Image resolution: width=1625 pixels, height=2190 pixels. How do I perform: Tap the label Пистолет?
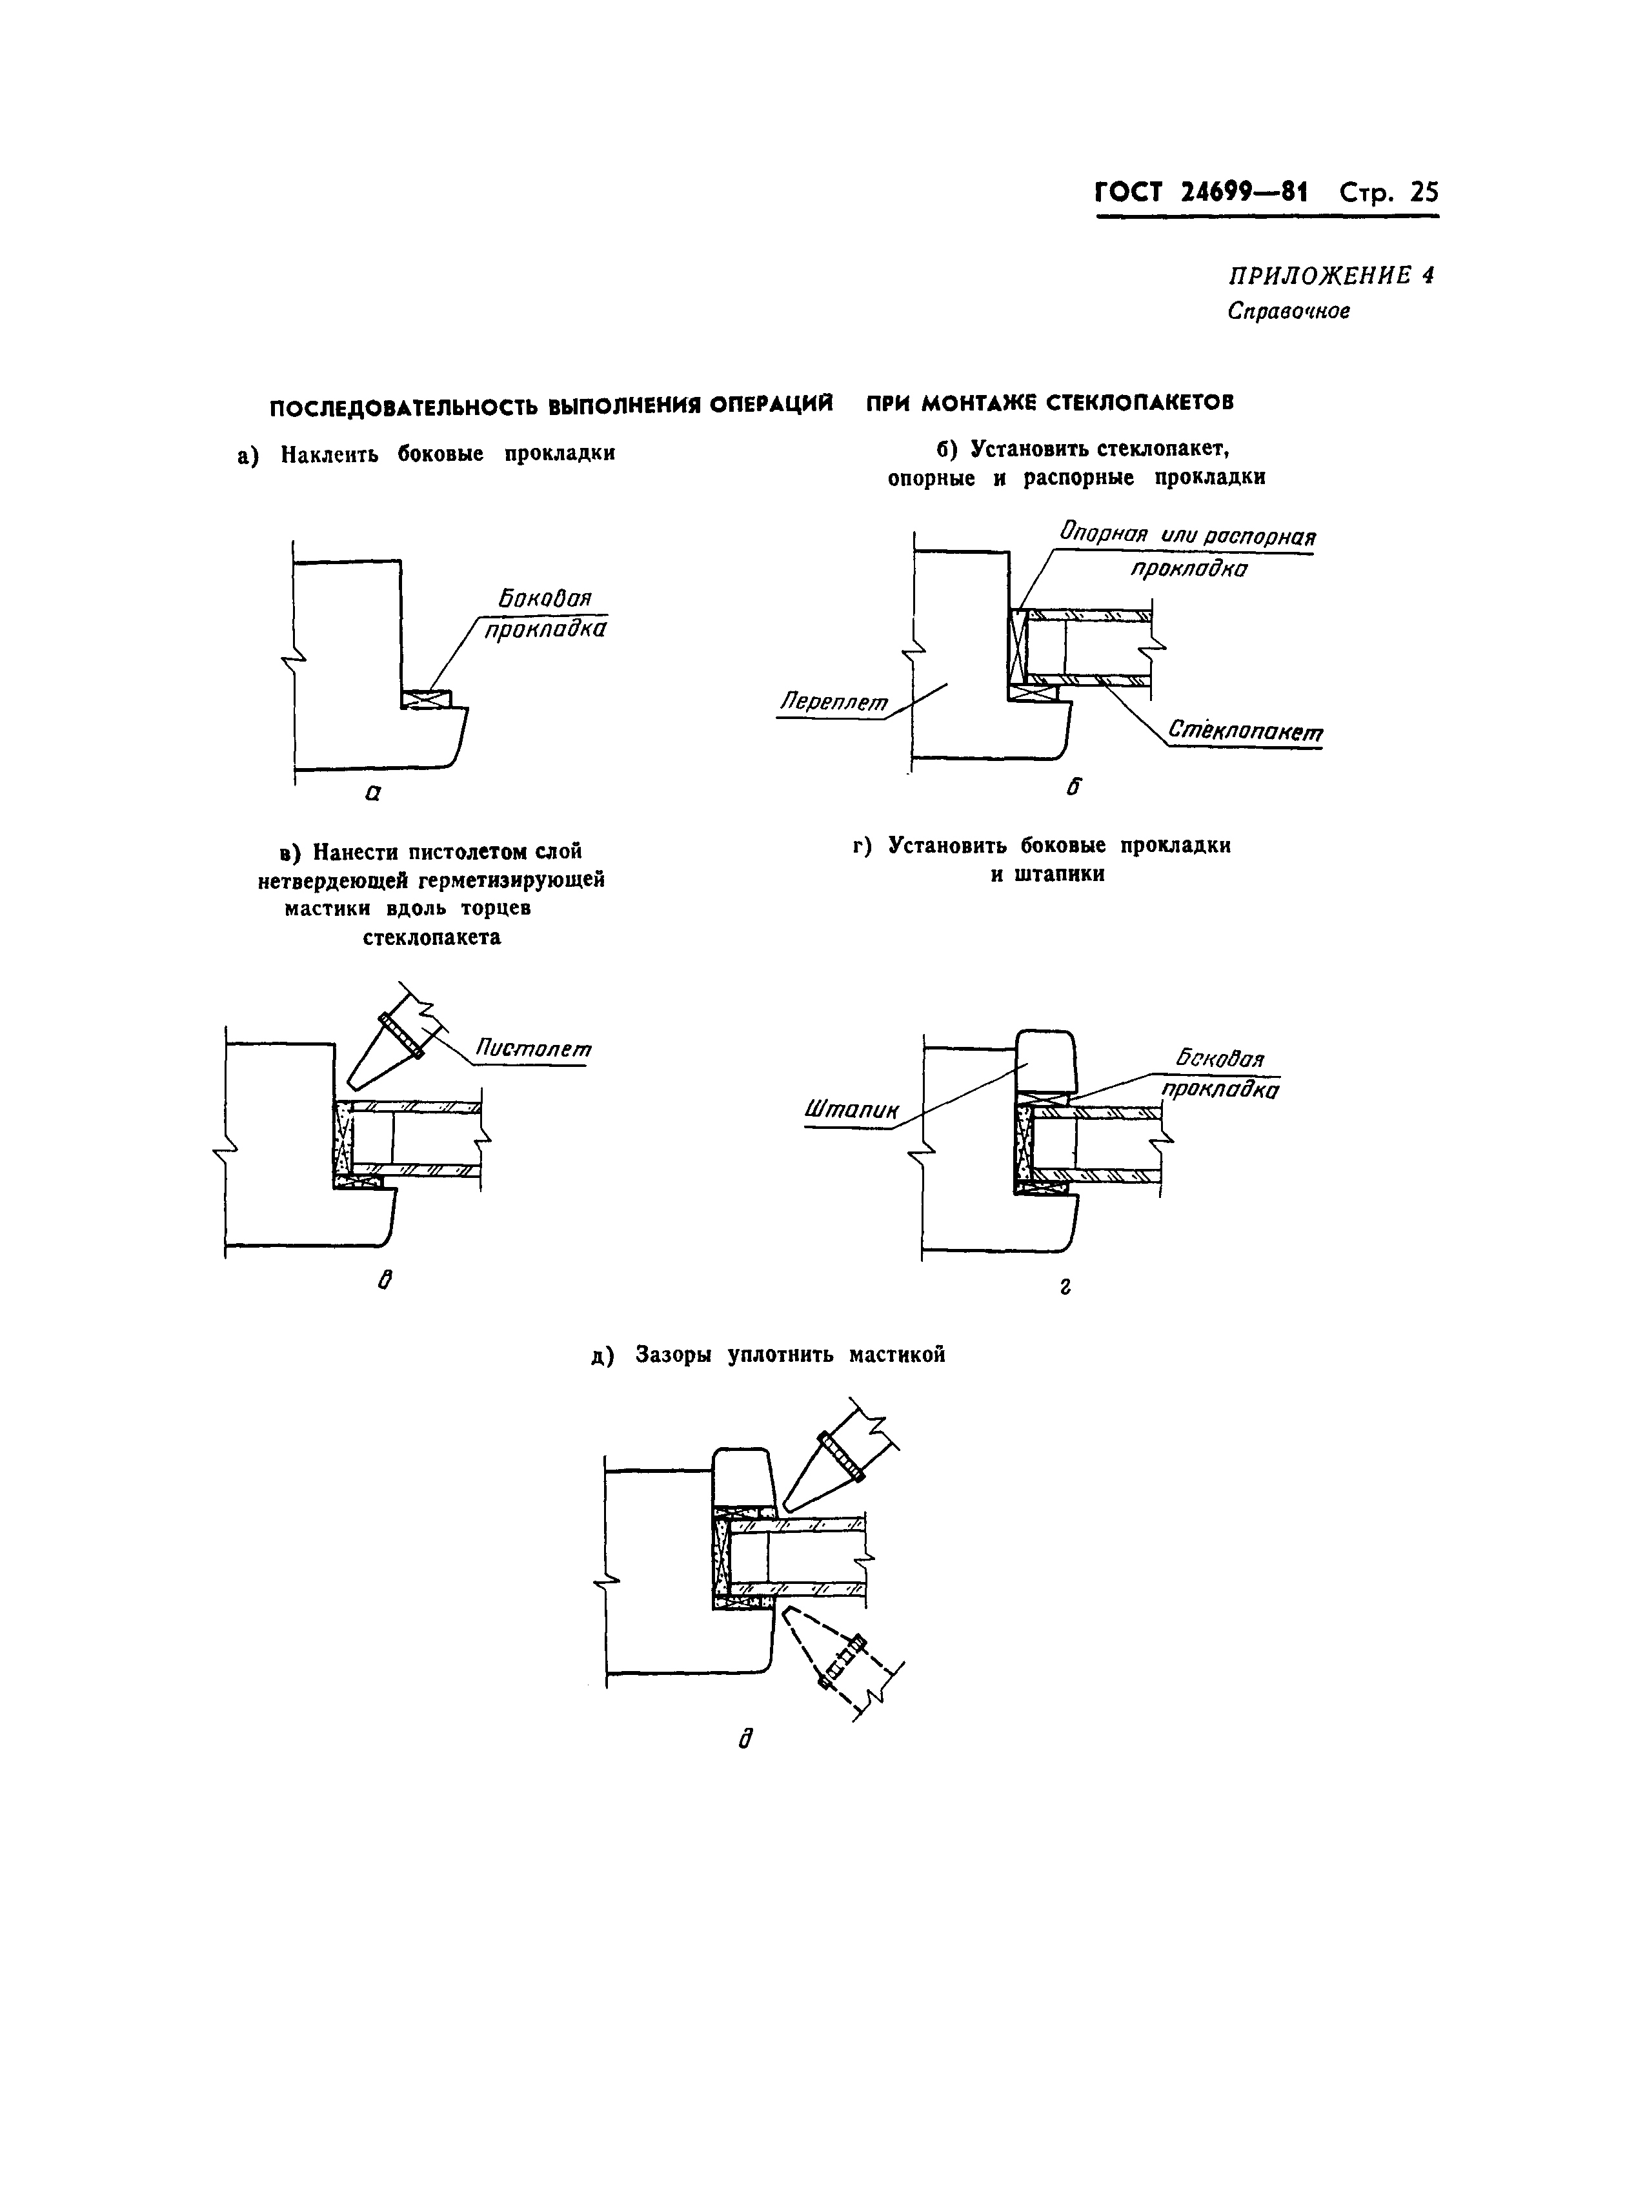pyautogui.click(x=533, y=1049)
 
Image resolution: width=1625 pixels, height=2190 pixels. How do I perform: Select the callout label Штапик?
pyautogui.click(x=852, y=1111)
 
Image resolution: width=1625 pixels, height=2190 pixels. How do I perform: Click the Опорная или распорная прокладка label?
pyautogui.click(x=1187, y=551)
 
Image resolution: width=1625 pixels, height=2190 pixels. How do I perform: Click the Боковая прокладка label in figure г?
pyautogui.click(x=1220, y=1074)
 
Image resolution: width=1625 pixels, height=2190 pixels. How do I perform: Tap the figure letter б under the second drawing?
pyautogui.click(x=1073, y=786)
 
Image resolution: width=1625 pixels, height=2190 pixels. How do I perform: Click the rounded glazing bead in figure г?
pyautogui.click(x=1045, y=1060)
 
